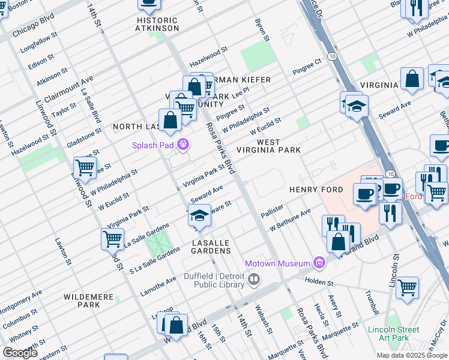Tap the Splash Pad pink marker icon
[182, 145]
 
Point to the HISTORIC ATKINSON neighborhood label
[157, 24]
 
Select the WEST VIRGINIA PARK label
[268, 146]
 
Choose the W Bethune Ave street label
[290, 220]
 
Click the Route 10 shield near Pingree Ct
[331, 56]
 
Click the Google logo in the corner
[20, 353]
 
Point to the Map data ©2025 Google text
[411, 355]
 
